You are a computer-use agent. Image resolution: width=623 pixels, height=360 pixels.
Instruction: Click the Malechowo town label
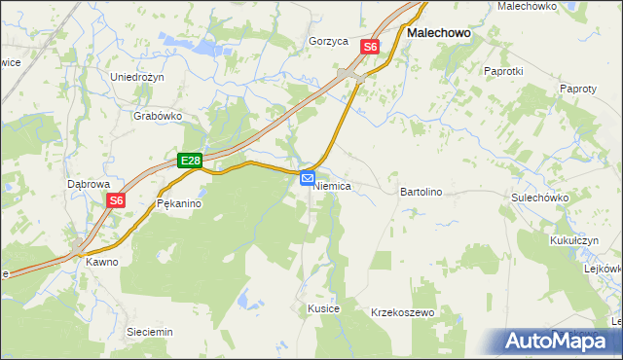[x=438, y=32]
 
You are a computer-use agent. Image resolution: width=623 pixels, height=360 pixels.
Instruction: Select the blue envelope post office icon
[x=308, y=178]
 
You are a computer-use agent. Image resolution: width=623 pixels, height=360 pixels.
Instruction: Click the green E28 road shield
[x=190, y=162]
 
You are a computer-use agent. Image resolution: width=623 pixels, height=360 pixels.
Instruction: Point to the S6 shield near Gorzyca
[x=370, y=46]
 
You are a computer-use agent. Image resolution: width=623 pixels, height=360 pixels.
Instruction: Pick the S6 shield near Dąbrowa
[x=116, y=200]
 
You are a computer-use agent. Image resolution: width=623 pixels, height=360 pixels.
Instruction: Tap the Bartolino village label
[x=421, y=193]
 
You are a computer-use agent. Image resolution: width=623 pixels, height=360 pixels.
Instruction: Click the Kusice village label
[x=323, y=308]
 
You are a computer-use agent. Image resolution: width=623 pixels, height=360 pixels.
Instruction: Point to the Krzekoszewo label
[x=402, y=313]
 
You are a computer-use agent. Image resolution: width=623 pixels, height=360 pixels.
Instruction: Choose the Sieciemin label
[x=150, y=332]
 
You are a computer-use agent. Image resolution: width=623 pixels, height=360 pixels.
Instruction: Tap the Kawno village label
[x=101, y=262]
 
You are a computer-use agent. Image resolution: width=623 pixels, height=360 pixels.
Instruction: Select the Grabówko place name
[x=158, y=115]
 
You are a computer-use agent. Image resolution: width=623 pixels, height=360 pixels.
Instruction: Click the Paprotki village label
[x=504, y=71]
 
